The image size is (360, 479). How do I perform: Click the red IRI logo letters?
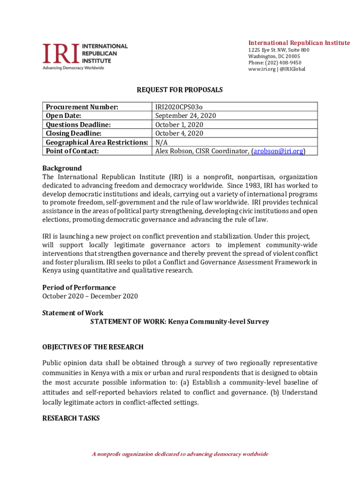(x=61, y=53)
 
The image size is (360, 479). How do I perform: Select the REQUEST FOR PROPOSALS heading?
(x=180, y=90)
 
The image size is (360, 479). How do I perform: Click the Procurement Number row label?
(x=81, y=107)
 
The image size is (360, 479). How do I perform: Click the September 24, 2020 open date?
(x=186, y=116)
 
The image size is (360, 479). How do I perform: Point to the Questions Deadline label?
(x=78, y=125)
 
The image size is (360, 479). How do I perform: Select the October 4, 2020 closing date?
(x=179, y=133)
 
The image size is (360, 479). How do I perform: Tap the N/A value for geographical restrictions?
(x=161, y=142)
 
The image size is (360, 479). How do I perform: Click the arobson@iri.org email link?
(x=279, y=151)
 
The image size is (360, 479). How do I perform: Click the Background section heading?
(x=62, y=168)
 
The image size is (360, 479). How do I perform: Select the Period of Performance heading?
(x=79, y=287)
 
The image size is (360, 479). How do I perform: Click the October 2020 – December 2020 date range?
(x=90, y=296)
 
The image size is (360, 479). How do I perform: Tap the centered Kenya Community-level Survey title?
(x=180, y=322)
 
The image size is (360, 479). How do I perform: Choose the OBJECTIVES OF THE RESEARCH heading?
(x=93, y=347)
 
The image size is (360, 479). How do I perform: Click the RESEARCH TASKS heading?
(x=71, y=418)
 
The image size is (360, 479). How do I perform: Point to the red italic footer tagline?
(x=180, y=454)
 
